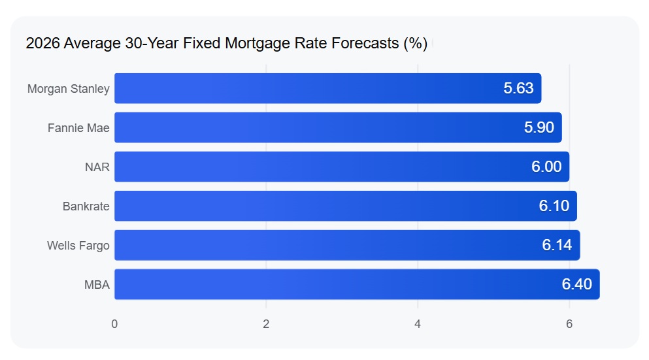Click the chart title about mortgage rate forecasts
(226, 43)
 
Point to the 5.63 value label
(518, 88)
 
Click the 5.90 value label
(539, 127)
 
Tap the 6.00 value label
(546, 167)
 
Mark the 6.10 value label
(554, 206)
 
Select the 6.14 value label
(557, 245)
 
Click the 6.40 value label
(576, 284)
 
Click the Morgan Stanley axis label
(69, 89)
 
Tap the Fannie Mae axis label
(78, 128)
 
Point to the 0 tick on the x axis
(114, 324)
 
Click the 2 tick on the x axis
(266, 324)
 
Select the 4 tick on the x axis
(418, 324)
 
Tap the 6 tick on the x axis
(569, 324)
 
